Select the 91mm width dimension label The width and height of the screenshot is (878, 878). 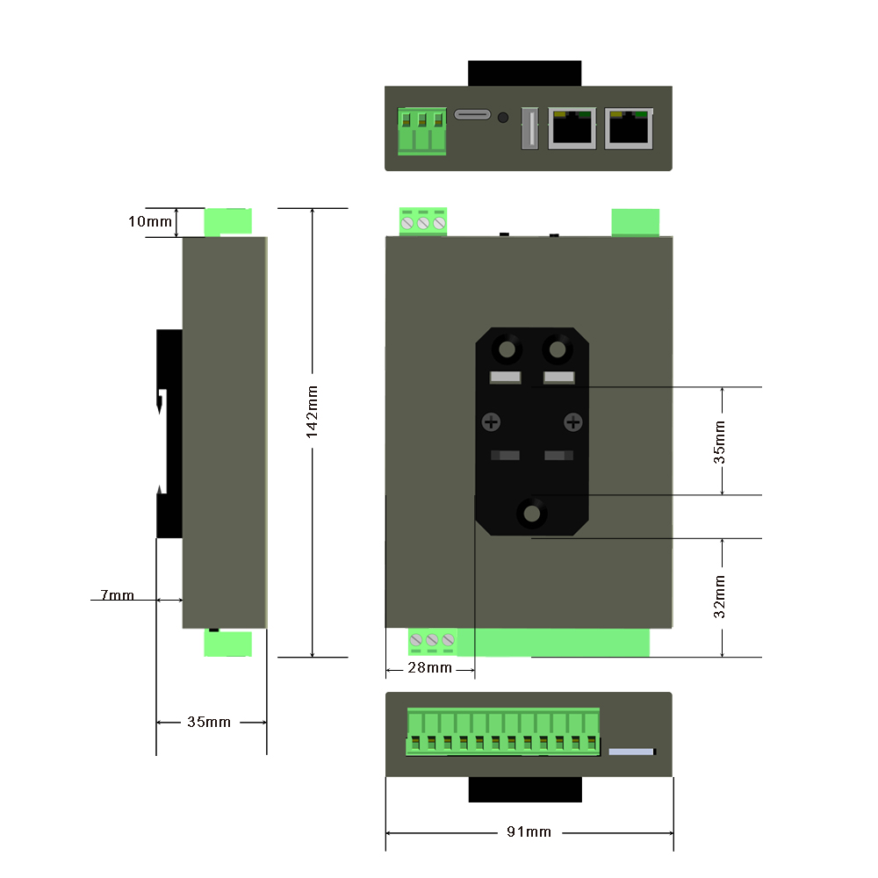pos(529,831)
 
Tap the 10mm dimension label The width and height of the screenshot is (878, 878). pos(150,221)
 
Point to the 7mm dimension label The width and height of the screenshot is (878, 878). pos(117,595)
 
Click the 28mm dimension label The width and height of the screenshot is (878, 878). pos(430,668)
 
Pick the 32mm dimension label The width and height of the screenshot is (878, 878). pos(720,597)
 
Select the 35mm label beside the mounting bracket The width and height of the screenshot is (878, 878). pos(720,442)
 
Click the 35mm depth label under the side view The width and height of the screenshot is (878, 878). pos(209,722)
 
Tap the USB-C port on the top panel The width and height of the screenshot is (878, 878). pos(473,116)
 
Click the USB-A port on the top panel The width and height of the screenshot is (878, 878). pos(529,128)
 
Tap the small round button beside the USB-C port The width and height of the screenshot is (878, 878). pos(503,117)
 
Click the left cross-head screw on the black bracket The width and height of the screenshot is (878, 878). pos(492,423)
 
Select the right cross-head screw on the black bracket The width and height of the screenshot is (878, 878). pos(573,423)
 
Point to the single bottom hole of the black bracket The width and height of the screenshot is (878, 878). pos(531,513)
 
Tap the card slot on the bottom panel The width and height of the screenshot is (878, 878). pos(632,752)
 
